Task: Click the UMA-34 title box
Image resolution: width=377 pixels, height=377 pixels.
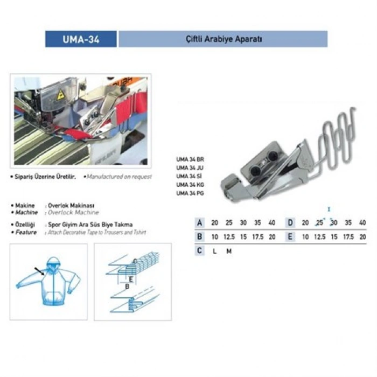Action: [x=81, y=39]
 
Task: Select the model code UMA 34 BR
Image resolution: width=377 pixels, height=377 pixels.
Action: [x=190, y=159]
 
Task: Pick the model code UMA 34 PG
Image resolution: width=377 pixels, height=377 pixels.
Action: [x=190, y=192]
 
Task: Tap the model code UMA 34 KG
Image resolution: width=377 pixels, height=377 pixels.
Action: [x=190, y=184]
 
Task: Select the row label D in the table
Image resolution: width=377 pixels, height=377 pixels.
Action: [x=290, y=222]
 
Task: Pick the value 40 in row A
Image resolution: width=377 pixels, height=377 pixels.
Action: [x=271, y=222]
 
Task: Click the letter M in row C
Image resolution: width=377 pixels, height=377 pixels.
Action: [x=229, y=250]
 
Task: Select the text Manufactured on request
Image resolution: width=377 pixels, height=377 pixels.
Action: [x=119, y=177]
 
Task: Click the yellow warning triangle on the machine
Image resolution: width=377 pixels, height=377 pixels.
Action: [x=60, y=95]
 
